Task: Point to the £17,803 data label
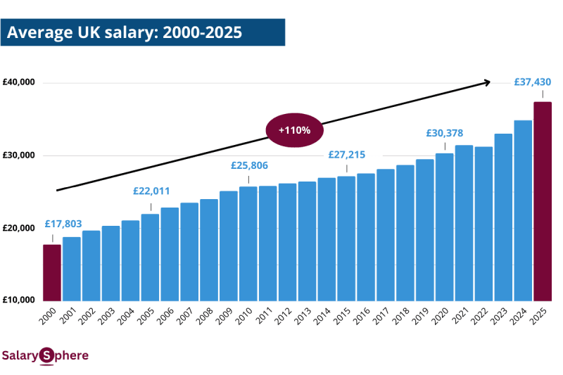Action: (x=63, y=224)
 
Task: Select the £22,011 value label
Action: (x=151, y=191)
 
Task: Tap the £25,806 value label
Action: (x=249, y=165)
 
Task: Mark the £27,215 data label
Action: (x=347, y=155)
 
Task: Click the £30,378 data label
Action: (x=445, y=133)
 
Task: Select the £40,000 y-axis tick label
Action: (x=18, y=82)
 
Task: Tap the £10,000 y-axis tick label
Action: (x=18, y=300)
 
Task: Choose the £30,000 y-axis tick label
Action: (x=18, y=155)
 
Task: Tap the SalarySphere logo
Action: (x=45, y=356)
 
